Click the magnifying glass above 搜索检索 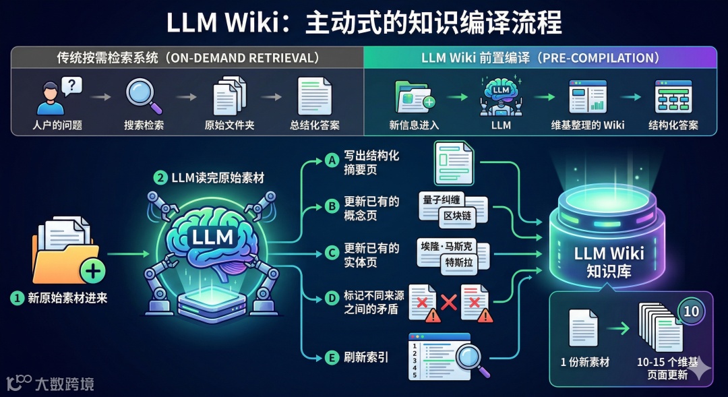point(143,94)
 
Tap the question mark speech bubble point(71,86)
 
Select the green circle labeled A point(330,160)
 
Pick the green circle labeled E point(330,357)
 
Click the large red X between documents point(448,303)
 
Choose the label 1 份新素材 point(584,363)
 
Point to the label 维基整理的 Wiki point(588,125)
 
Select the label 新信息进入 point(414,125)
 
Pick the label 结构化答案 point(673,125)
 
